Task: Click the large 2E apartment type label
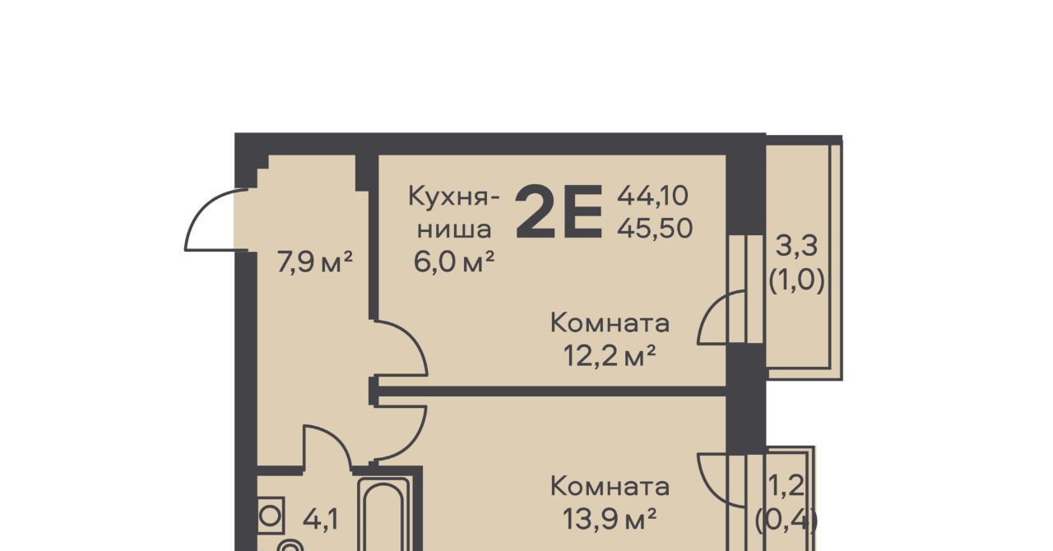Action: click(559, 211)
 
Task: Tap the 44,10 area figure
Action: click(652, 196)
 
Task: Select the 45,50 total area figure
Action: click(655, 229)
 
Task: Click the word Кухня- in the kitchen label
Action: click(453, 197)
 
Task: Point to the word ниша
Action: click(455, 229)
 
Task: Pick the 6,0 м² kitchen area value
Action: click(454, 262)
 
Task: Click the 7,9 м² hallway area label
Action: click(315, 262)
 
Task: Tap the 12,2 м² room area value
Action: click(610, 355)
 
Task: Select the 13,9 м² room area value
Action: click(610, 519)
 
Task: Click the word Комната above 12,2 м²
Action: click(610, 323)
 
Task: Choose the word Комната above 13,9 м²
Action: click(610, 486)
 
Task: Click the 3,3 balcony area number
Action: click(796, 246)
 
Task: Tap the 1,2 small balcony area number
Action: click(786, 486)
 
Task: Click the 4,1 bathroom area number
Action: click(321, 520)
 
